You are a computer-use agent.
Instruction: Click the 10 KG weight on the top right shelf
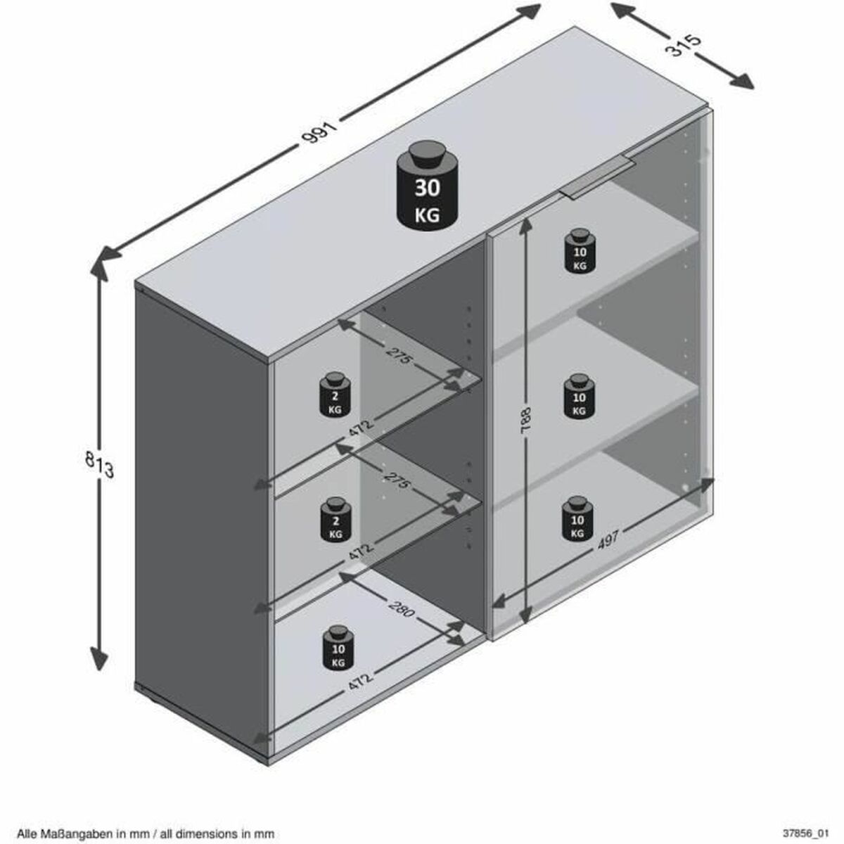point(579,252)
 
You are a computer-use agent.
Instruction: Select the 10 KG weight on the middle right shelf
point(578,397)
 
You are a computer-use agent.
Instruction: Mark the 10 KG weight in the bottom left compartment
point(338,648)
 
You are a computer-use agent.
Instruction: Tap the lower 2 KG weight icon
point(335,522)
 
